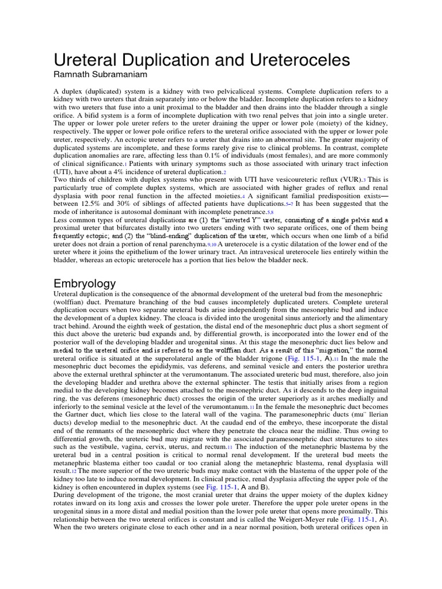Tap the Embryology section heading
tap(85, 284)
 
